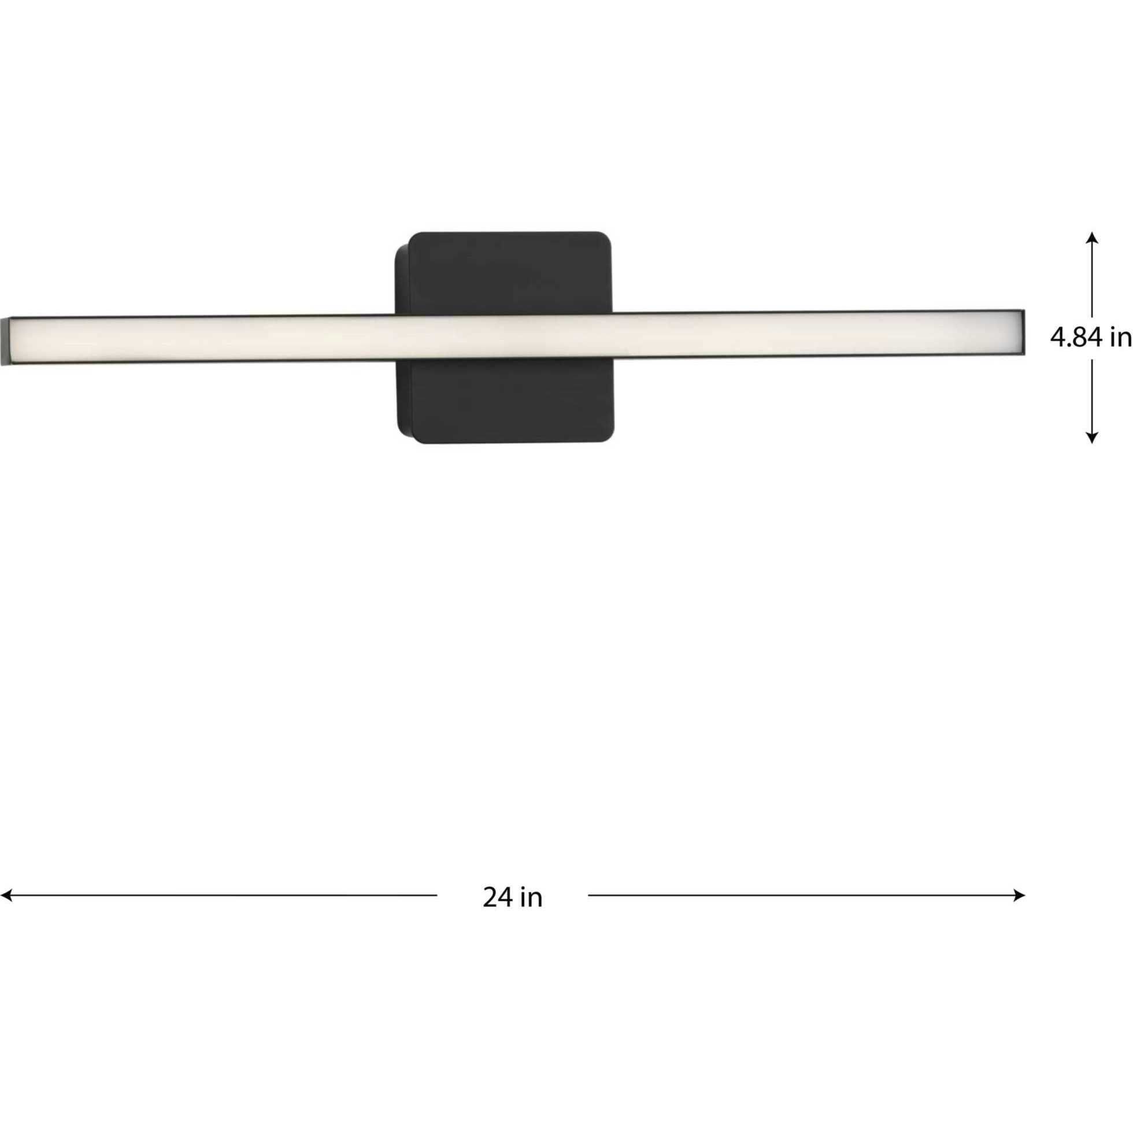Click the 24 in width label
pyautogui.click(x=513, y=914)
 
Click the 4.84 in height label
pyautogui.click(x=1090, y=338)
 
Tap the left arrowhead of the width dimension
pyautogui.click(x=6, y=912)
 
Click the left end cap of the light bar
pyautogui.click(x=5, y=341)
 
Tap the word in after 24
pyautogui.click(x=531, y=914)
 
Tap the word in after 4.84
pyautogui.click(x=1120, y=338)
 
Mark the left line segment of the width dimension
pyautogui.click(x=223, y=912)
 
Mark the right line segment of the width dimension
pyautogui.click(x=804, y=912)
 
